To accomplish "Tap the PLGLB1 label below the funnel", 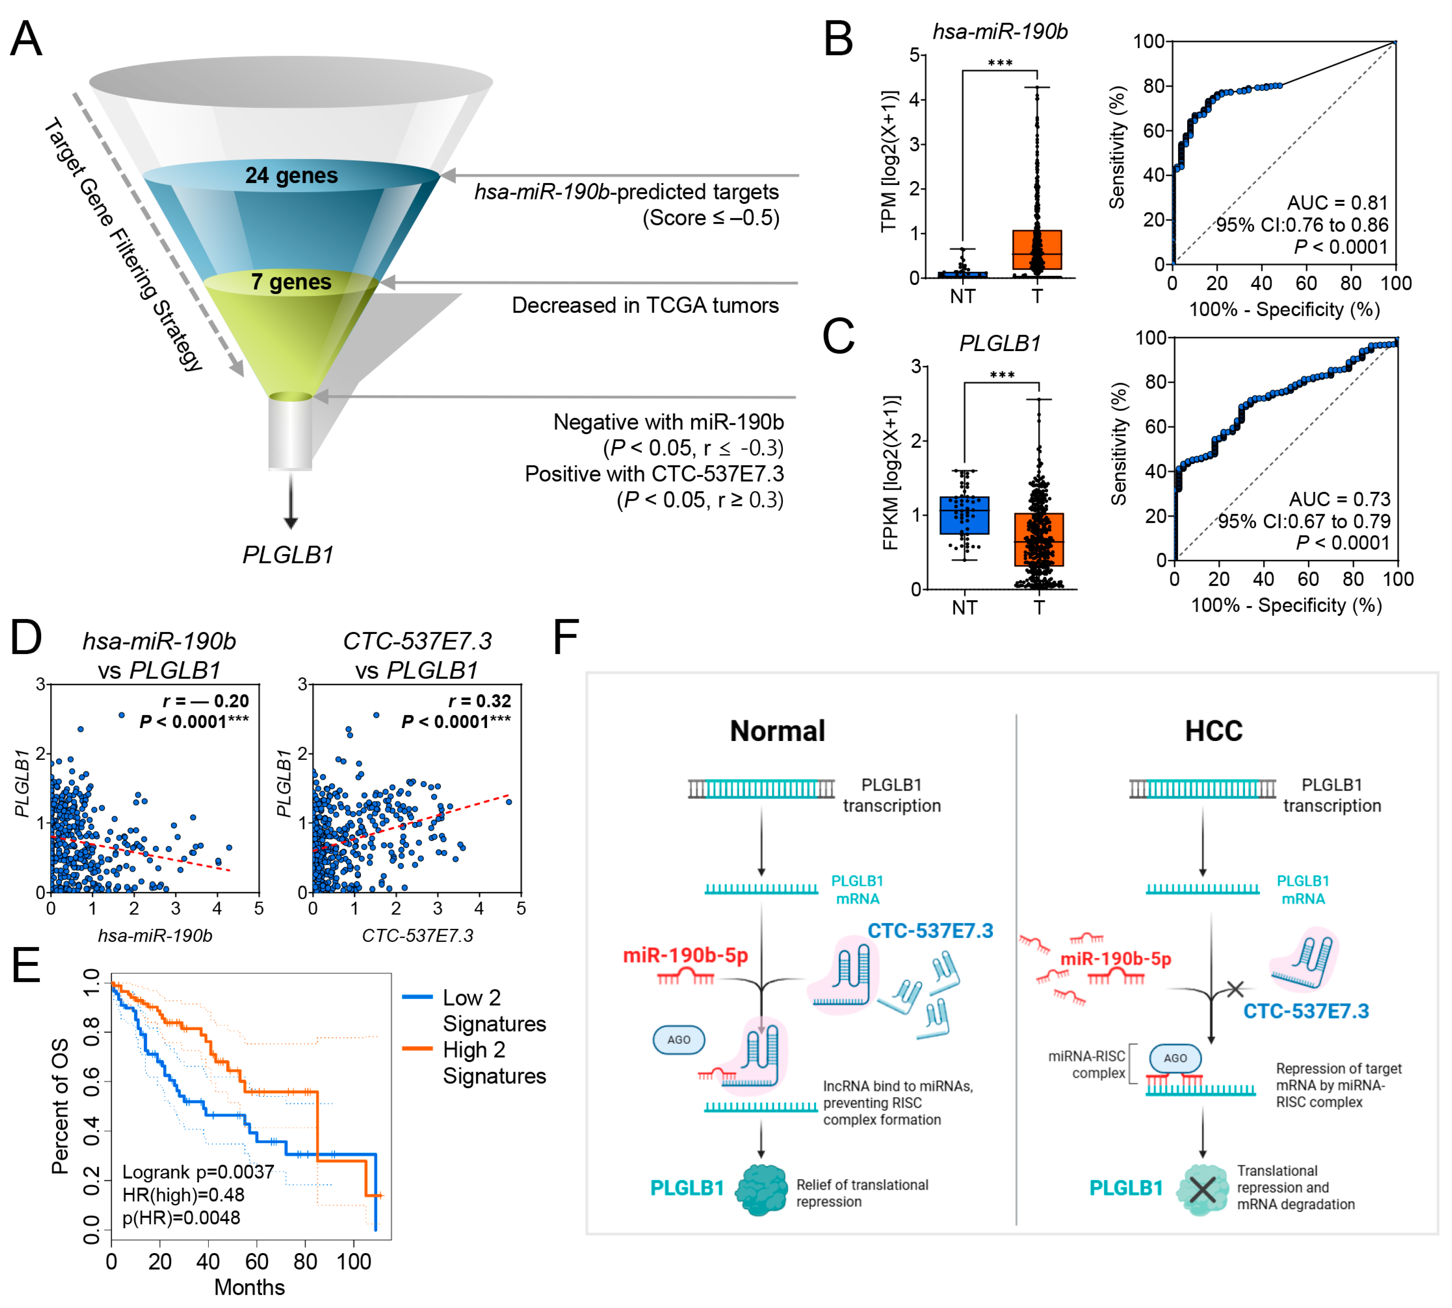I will click(x=288, y=555).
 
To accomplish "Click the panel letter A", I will click(x=27, y=39).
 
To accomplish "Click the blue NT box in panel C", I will click(x=964, y=515).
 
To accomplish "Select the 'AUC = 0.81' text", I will click(x=1337, y=203).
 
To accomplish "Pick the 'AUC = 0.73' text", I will click(x=1339, y=499).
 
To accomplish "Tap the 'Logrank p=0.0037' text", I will click(x=198, y=1172).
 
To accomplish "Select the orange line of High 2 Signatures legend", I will click(x=417, y=1049).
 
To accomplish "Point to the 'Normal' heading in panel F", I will click(x=777, y=731).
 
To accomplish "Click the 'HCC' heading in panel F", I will click(x=1213, y=731).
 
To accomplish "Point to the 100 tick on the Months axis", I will click(x=353, y=1262).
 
